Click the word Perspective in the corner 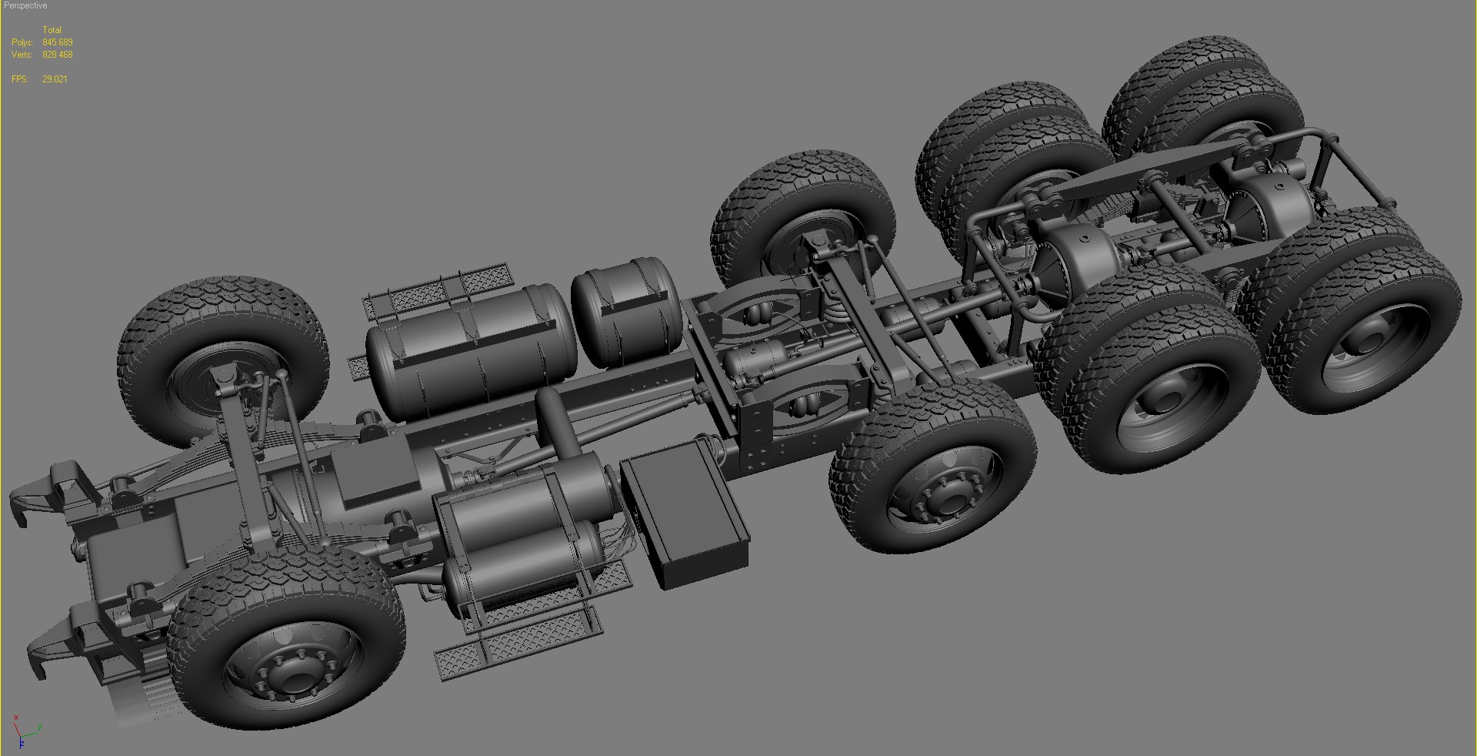(25, 5)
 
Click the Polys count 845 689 (58, 42)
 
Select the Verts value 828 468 (58, 55)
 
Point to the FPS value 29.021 (55, 79)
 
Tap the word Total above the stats (52, 30)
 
